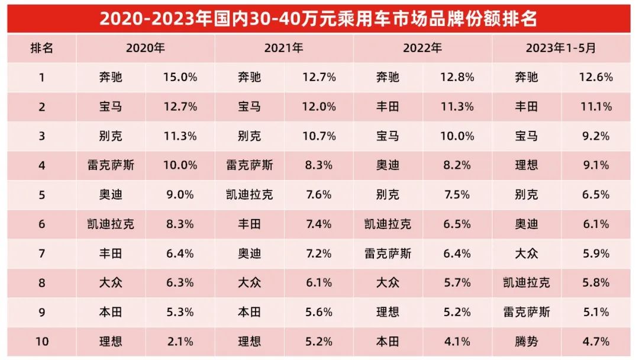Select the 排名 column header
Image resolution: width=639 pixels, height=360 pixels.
(41, 49)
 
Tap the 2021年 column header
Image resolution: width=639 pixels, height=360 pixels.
(284, 49)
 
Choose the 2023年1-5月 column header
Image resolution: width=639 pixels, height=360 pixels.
(561, 49)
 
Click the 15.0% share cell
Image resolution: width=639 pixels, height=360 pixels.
(180, 77)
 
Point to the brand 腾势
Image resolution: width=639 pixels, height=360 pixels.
(526, 342)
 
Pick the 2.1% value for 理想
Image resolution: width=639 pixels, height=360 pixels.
(180, 342)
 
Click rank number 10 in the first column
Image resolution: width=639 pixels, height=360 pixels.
(41, 342)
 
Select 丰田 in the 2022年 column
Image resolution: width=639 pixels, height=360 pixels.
(388, 107)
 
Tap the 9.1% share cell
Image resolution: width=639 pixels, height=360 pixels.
(596, 165)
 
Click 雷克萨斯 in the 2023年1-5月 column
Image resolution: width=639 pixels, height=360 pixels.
(526, 312)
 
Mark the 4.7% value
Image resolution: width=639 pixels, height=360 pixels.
(596, 342)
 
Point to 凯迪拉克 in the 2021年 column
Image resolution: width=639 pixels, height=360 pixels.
(249, 195)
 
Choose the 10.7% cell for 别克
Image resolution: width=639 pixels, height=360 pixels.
(319, 136)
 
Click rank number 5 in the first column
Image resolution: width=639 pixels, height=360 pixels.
(41, 195)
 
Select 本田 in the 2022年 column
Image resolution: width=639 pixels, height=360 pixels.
(388, 342)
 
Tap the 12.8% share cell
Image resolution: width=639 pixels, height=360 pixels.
(457, 77)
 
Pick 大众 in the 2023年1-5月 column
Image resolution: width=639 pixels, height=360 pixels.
(526, 253)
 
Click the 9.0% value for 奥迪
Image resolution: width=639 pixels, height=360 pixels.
(180, 195)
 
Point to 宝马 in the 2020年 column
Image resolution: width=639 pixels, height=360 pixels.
(111, 107)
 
